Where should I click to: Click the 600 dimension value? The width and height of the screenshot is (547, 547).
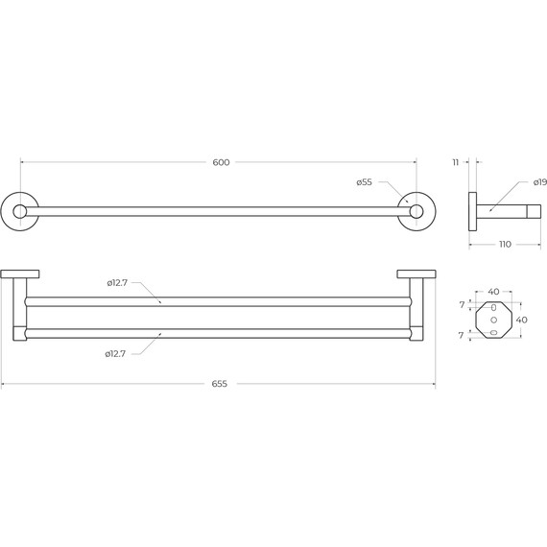221,162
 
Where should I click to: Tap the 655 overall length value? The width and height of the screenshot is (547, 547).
220,384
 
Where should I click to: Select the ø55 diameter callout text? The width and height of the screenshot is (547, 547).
365,182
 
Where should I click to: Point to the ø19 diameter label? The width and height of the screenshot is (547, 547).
540,182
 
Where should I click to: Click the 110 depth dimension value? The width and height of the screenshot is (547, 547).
505,244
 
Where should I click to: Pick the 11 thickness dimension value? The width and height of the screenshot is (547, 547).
456,162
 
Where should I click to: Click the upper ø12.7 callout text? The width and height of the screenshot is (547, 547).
117,283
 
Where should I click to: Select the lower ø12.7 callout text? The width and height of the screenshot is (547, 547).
115,354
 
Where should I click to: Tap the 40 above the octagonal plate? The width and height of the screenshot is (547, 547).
493,292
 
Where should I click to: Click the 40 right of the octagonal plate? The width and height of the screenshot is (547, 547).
521,320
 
